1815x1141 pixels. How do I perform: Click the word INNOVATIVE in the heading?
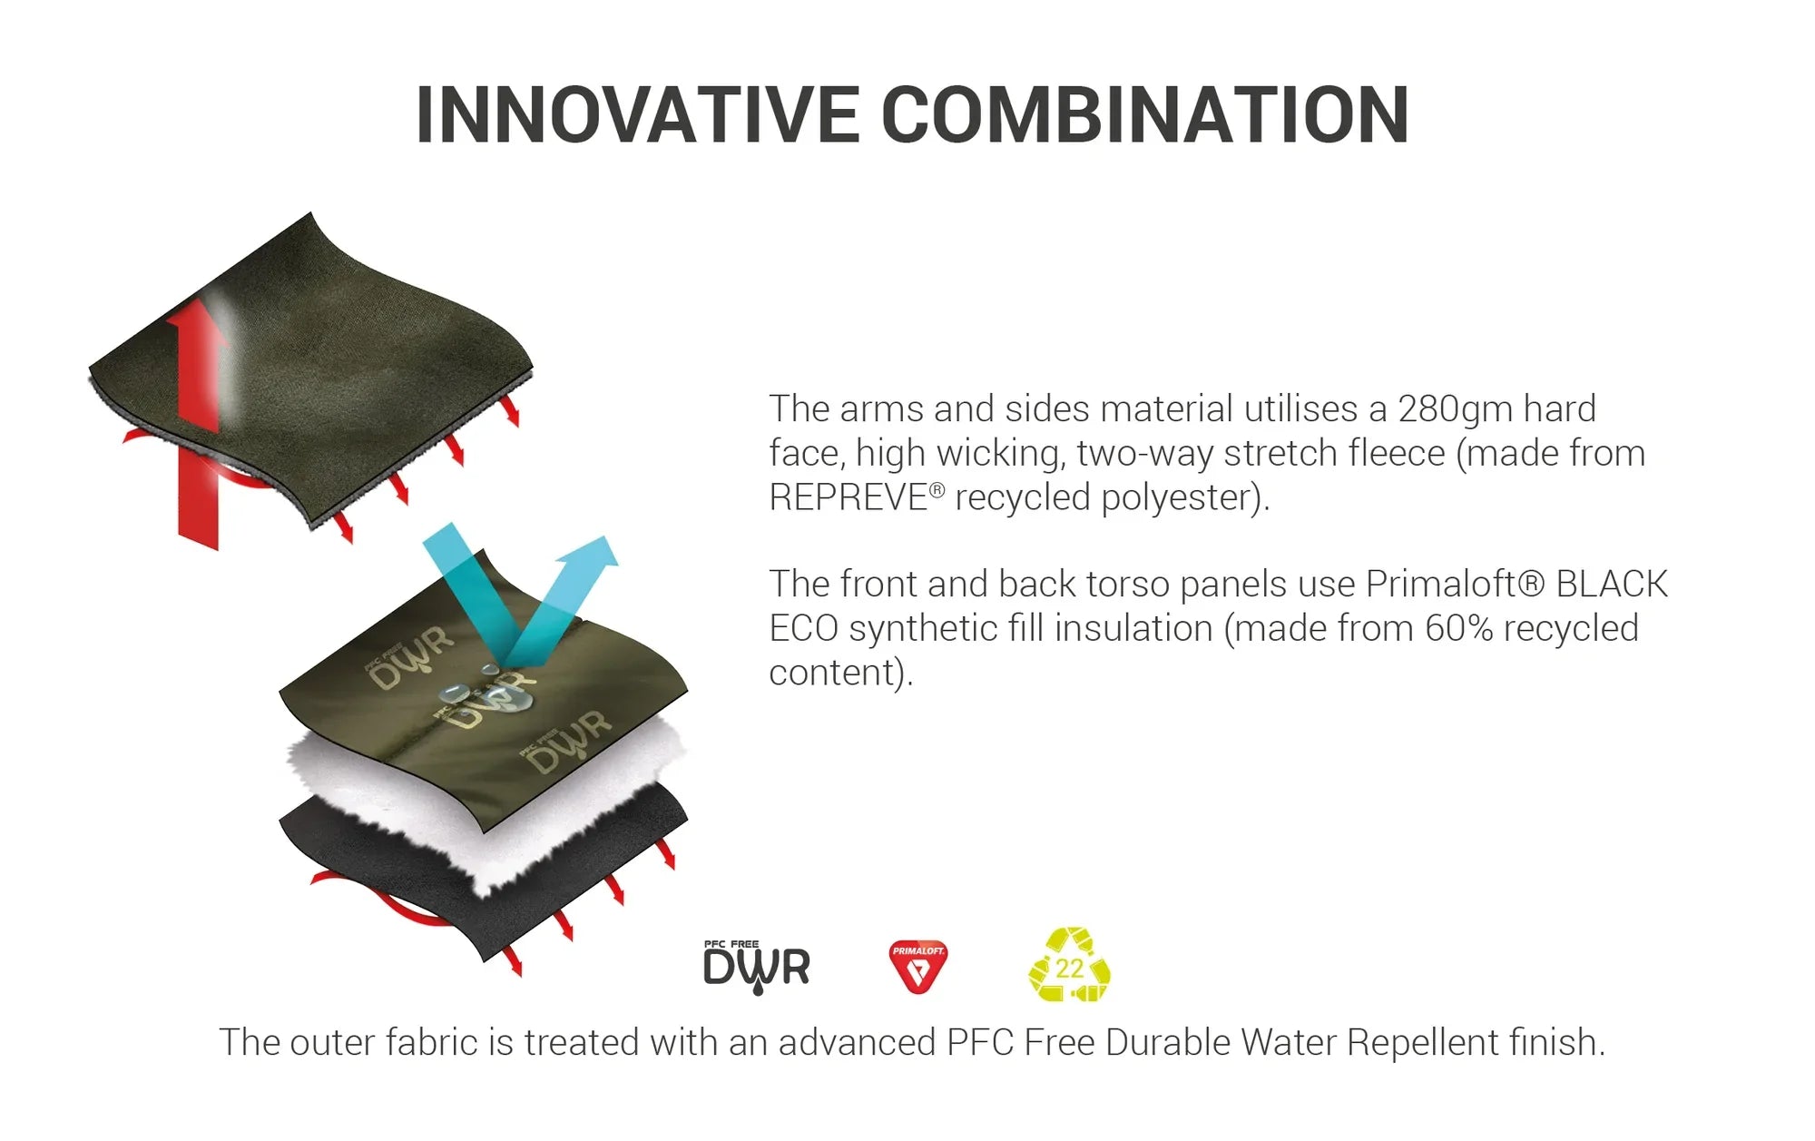coord(637,114)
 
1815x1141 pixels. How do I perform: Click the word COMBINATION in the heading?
coord(1145,114)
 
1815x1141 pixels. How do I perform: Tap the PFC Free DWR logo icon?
coord(756,966)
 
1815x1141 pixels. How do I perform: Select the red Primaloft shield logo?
coord(917,966)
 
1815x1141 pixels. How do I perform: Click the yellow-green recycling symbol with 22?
coord(1069,964)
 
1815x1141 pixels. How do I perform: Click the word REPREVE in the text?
coord(848,498)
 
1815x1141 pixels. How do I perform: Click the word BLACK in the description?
coord(1612,584)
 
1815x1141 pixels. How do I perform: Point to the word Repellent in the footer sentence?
coord(1423,1042)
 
